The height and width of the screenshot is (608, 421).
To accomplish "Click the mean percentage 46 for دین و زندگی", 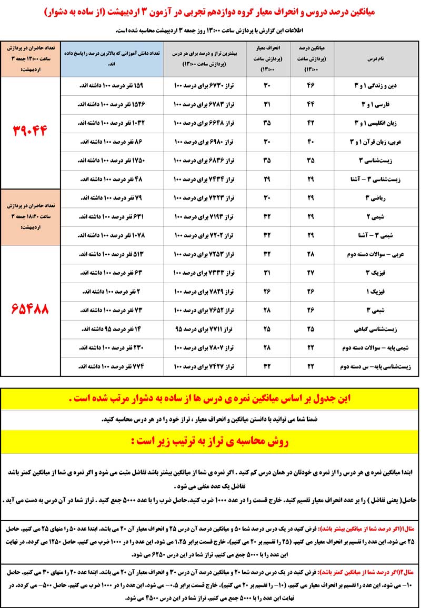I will coord(310,85).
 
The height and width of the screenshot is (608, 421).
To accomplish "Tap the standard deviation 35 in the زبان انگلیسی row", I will coord(267,123).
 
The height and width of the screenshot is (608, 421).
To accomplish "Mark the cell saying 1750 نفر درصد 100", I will coord(112,160).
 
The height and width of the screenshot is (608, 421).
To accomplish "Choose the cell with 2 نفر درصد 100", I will coord(112,291).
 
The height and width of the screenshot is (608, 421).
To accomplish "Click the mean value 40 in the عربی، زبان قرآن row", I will coord(310,142).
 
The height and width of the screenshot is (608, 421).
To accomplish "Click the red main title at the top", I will coord(210,12).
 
